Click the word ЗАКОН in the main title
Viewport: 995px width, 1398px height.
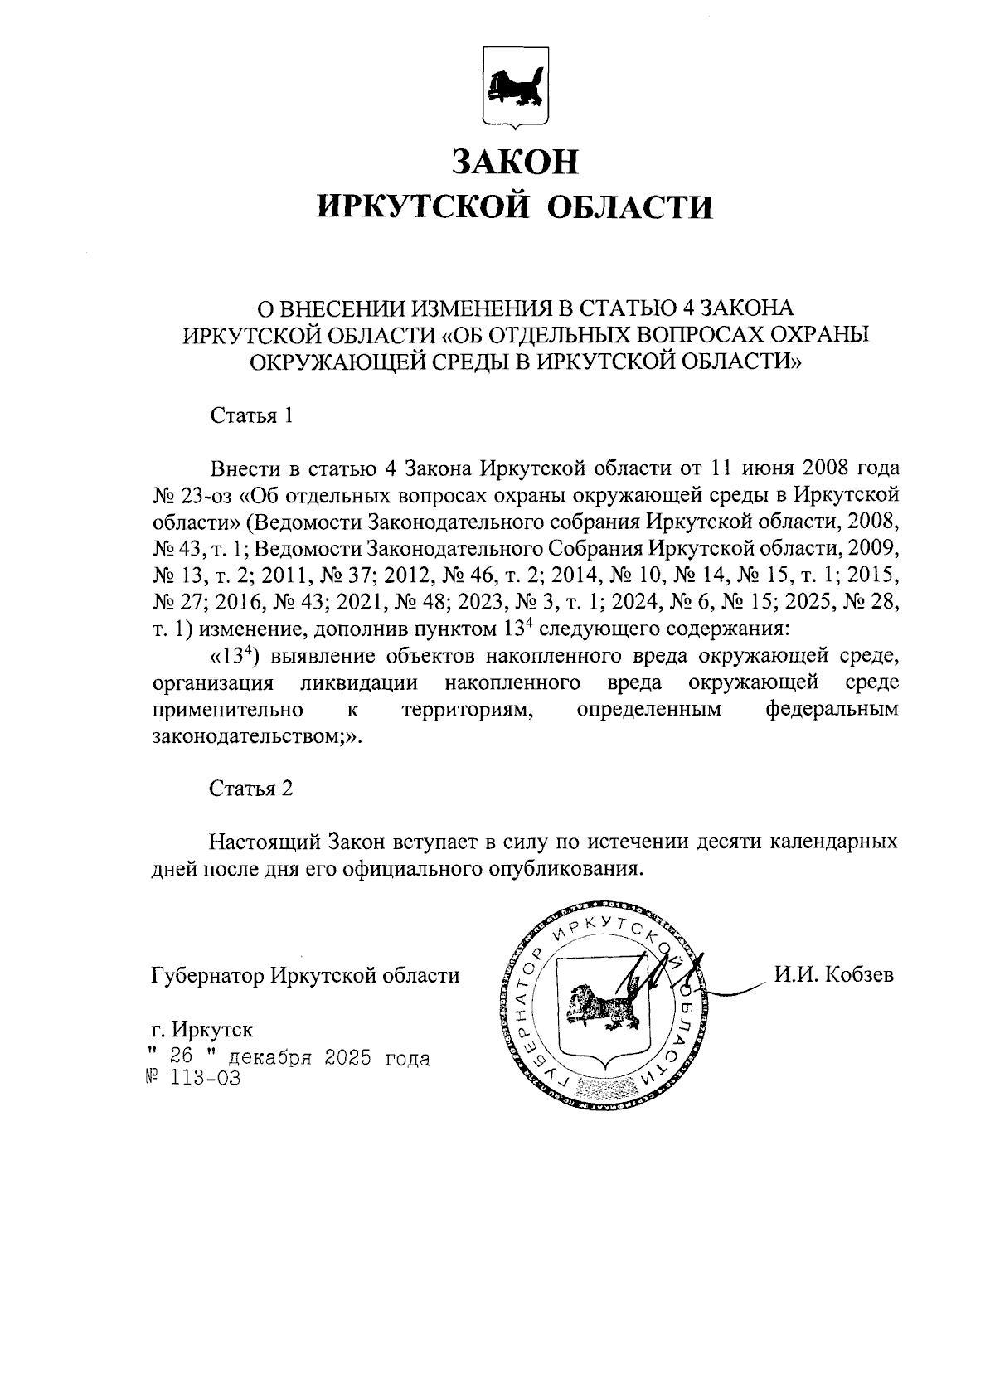coord(514,161)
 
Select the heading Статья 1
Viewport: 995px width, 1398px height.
coord(251,415)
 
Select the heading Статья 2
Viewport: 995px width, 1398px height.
coord(251,788)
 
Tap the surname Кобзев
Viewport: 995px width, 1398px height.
coord(858,975)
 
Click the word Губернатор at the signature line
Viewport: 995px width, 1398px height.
coord(207,975)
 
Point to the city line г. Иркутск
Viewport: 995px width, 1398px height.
coord(203,1030)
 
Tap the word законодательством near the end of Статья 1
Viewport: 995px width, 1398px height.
coord(249,737)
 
